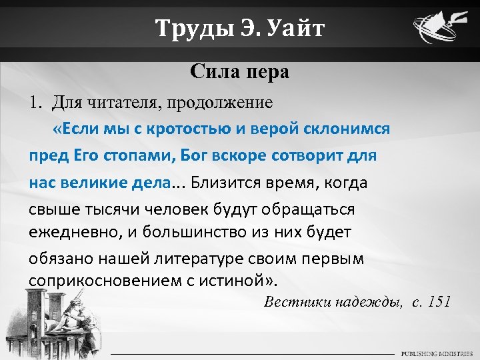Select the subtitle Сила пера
pyautogui.click(x=239, y=71)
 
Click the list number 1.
pyautogui.click(x=34, y=103)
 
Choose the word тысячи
pyautogui.click(x=106, y=209)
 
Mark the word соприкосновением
pyautogui.click(x=97, y=279)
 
